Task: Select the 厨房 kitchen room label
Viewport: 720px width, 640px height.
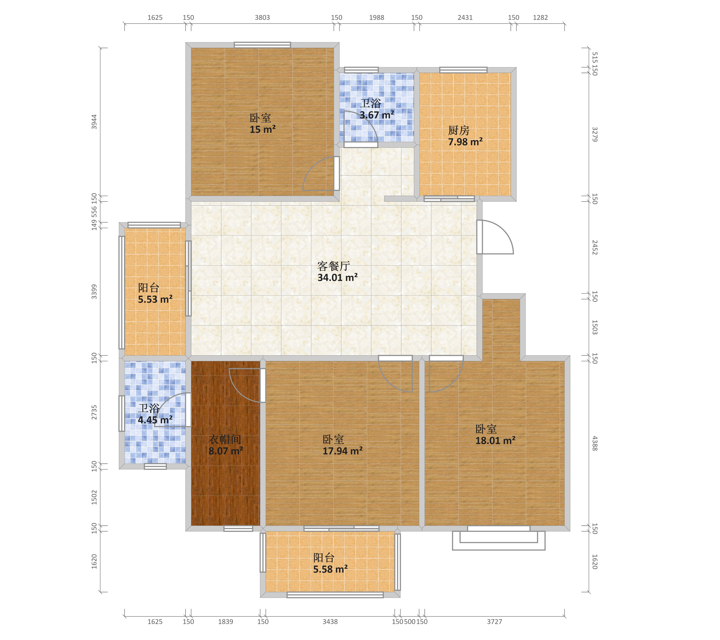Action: click(459, 131)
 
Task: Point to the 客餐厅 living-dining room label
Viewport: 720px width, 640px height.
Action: click(333, 266)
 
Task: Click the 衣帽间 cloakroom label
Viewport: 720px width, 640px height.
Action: click(225, 439)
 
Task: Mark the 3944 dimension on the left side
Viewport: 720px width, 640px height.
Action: click(94, 122)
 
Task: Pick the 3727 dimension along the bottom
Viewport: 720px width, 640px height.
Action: click(495, 622)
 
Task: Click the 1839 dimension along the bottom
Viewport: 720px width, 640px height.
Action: click(225, 622)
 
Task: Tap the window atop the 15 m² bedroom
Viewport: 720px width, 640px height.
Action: click(262, 45)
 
